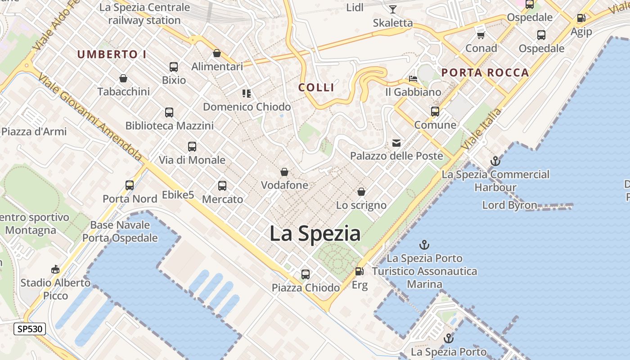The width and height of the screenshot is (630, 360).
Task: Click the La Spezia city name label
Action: pyautogui.click(x=315, y=234)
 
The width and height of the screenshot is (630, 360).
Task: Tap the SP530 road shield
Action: pyautogui.click(x=30, y=329)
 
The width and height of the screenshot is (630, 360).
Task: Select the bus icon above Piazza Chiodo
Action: pyautogui.click(x=306, y=274)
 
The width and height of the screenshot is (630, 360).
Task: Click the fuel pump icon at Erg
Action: pyautogui.click(x=359, y=271)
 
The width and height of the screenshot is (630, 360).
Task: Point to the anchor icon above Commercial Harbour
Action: pyautogui.click(x=495, y=161)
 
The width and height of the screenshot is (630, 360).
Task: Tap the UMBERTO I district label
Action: pyautogui.click(x=112, y=54)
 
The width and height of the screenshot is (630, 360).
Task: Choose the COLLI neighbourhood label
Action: pyautogui.click(x=316, y=87)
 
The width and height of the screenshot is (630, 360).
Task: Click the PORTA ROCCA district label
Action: pyautogui.click(x=485, y=72)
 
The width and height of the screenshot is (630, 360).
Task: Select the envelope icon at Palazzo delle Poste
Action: pyautogui.click(x=396, y=143)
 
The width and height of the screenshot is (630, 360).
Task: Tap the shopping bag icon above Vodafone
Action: pyautogui.click(x=284, y=172)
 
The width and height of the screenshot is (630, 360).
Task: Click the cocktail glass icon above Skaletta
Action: pyautogui.click(x=393, y=9)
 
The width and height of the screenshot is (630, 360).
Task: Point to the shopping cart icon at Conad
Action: pyautogui.click(x=481, y=35)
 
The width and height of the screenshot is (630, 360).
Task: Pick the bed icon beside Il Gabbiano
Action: pyautogui.click(x=413, y=79)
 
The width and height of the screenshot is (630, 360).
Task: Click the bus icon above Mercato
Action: pyautogui.click(x=222, y=185)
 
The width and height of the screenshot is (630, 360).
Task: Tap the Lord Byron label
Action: pyautogui.click(x=509, y=205)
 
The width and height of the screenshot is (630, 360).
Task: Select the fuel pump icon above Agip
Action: pyautogui.click(x=581, y=18)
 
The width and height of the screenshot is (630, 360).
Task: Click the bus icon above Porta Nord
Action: pyautogui.click(x=130, y=185)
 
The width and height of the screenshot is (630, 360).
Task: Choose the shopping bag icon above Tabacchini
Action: pyautogui.click(x=123, y=78)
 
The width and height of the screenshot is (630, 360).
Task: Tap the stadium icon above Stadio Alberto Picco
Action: pyautogui.click(x=55, y=269)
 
